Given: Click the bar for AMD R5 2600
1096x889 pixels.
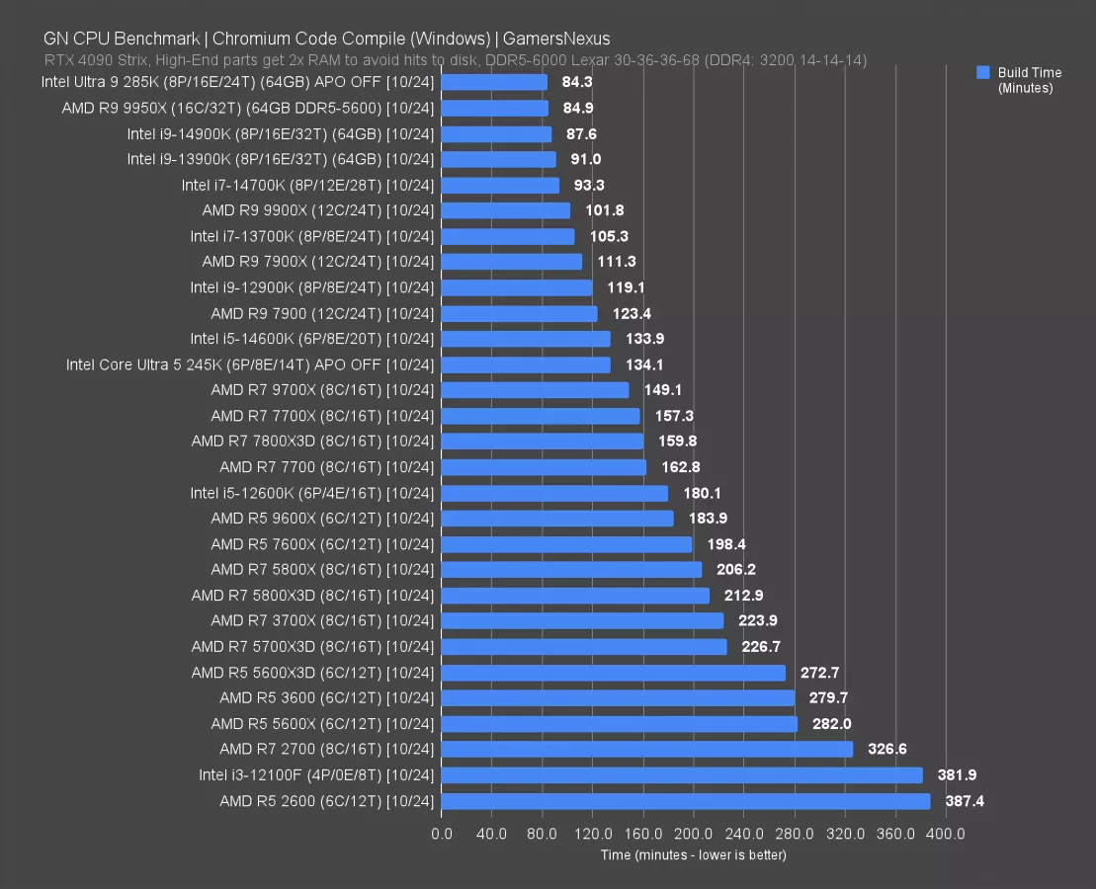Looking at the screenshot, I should click(685, 801).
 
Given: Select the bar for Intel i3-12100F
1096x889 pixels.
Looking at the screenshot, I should click(682, 775).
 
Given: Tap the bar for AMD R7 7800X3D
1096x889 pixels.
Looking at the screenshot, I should click(542, 442).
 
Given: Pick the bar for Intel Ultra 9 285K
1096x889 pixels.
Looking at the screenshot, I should click(494, 82).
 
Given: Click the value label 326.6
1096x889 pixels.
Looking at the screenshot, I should click(886, 750).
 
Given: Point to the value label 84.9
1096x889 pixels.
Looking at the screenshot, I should click(577, 108).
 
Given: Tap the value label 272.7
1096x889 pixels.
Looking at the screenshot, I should click(819, 673).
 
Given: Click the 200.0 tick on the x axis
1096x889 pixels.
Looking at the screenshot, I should click(694, 834).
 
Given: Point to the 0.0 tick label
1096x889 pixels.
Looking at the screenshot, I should click(442, 834).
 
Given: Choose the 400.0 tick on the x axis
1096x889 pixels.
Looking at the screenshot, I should click(946, 834).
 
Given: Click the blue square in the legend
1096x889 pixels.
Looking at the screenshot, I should click(982, 72).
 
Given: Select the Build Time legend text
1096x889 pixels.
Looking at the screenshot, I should click(1029, 73).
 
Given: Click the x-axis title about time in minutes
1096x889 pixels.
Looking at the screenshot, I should click(694, 854).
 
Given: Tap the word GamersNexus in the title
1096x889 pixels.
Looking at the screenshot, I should click(556, 40).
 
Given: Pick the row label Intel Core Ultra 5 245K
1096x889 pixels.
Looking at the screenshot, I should click(250, 364).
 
